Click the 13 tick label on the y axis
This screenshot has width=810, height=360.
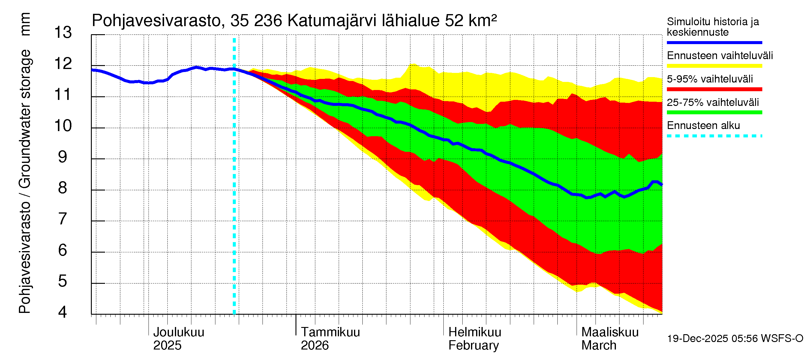[63, 33]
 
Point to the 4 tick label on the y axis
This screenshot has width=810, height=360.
[63, 312]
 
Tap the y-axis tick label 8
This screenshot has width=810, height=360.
[63, 188]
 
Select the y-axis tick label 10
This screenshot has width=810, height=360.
[63, 126]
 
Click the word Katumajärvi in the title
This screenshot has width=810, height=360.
[332, 21]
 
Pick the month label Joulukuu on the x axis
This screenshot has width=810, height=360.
[178, 332]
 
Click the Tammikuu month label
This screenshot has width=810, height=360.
[330, 332]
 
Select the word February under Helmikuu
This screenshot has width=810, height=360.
[473, 346]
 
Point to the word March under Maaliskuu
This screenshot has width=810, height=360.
[599, 346]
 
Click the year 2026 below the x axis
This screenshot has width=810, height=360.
[314, 346]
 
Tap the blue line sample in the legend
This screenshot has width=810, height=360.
[714, 42]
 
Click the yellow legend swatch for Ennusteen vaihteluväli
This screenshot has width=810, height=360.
[714, 66]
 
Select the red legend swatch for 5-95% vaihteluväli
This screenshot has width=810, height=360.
[714, 89]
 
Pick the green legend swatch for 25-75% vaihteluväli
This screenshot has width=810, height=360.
[714, 112]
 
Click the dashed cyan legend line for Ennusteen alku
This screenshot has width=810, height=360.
[714, 136]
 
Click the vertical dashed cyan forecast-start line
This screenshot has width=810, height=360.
[234, 189]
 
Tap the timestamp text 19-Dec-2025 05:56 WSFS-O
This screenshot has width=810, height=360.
[735, 339]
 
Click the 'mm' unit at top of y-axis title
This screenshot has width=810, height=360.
[25, 24]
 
